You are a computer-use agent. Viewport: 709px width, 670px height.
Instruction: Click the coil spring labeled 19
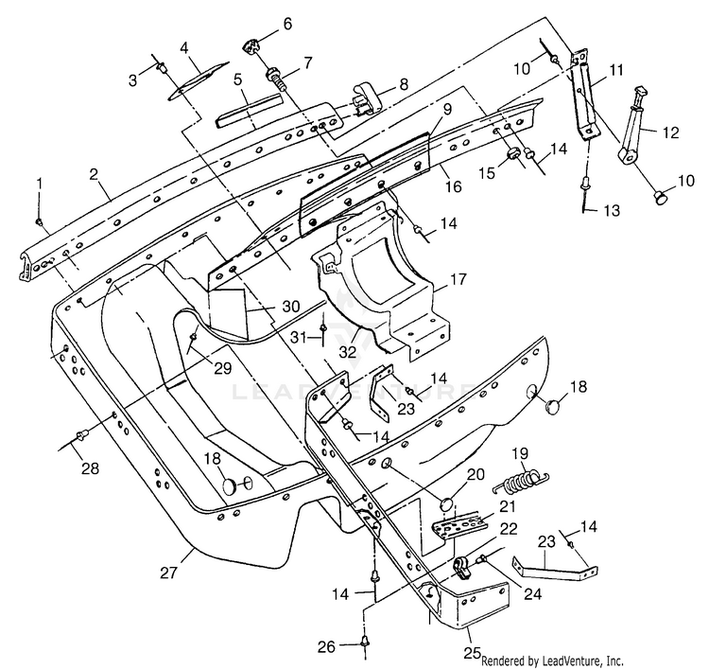pyautogui.click(x=521, y=482)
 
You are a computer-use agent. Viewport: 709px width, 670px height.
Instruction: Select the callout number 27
pyautogui.click(x=169, y=573)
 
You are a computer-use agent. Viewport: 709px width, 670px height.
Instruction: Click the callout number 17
pyautogui.click(x=458, y=279)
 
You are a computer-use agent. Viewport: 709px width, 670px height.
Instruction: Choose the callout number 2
pyautogui.click(x=94, y=173)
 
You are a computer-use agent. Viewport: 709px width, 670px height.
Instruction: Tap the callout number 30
pyautogui.click(x=290, y=307)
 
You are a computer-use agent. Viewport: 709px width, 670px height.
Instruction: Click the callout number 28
pyautogui.click(x=90, y=468)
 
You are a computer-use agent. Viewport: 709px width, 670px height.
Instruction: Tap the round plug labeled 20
pyautogui.click(x=447, y=504)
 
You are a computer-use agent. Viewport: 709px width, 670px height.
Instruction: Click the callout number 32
pyautogui.click(x=348, y=352)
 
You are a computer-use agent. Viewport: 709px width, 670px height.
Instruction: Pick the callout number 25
pyautogui.click(x=472, y=652)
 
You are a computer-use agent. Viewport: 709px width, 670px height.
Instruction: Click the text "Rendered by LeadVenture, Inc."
pyautogui.click(x=552, y=661)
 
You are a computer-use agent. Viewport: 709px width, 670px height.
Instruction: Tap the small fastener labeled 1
pyautogui.click(x=40, y=221)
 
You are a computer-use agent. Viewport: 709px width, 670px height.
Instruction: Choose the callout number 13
pyautogui.click(x=612, y=210)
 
